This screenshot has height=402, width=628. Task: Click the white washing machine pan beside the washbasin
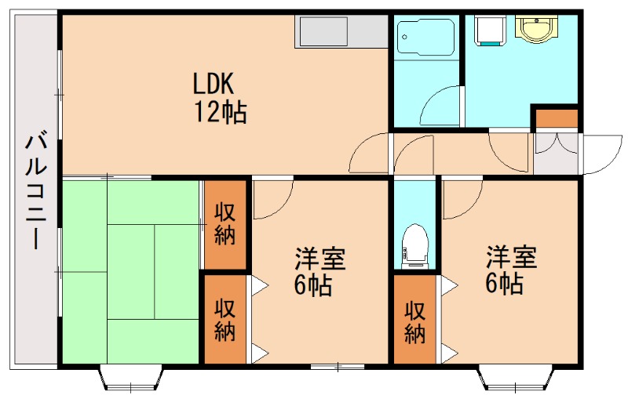point(489,30)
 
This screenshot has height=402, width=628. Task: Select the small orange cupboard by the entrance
point(556,119)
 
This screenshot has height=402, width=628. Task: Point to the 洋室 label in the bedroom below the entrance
point(511,256)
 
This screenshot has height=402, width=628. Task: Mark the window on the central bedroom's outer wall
point(338,366)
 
